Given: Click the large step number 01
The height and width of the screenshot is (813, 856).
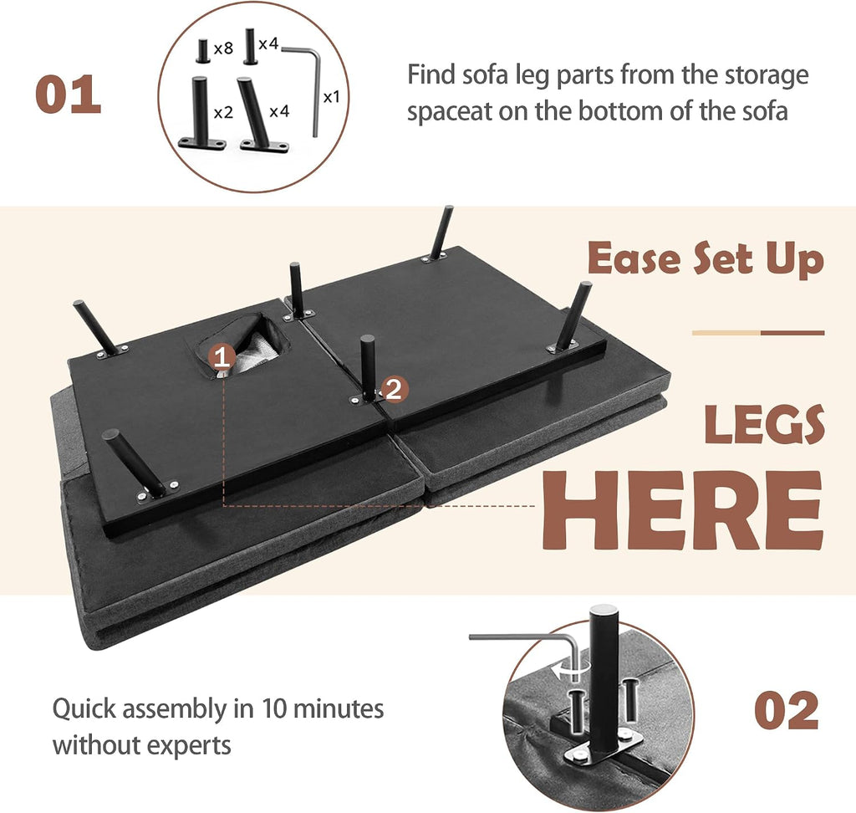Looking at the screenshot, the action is tap(69, 95).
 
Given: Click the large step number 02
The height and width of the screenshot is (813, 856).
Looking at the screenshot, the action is tap(786, 710).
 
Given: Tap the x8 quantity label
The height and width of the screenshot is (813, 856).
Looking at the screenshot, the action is tap(223, 49).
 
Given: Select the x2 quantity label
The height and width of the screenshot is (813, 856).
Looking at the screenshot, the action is tap(223, 113).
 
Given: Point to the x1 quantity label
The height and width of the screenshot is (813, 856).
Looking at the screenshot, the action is tap(331, 97).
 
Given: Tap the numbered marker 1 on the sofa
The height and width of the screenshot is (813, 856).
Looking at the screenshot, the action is tap(221, 358).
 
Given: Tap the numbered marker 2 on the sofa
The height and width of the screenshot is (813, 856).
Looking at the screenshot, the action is tap(394, 389).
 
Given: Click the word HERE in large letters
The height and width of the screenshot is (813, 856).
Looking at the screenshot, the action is tap(682, 509).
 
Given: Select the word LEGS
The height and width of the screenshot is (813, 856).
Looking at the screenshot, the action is tap(764, 425).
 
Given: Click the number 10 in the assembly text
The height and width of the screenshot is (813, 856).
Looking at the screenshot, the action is tap(274, 708).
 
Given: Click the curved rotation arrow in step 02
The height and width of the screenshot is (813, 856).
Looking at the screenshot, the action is tap(570, 671).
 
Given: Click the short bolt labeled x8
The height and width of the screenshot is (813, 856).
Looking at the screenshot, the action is tap(203, 51).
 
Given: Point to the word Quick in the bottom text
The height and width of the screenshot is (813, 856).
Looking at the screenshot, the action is tap(84, 710).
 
